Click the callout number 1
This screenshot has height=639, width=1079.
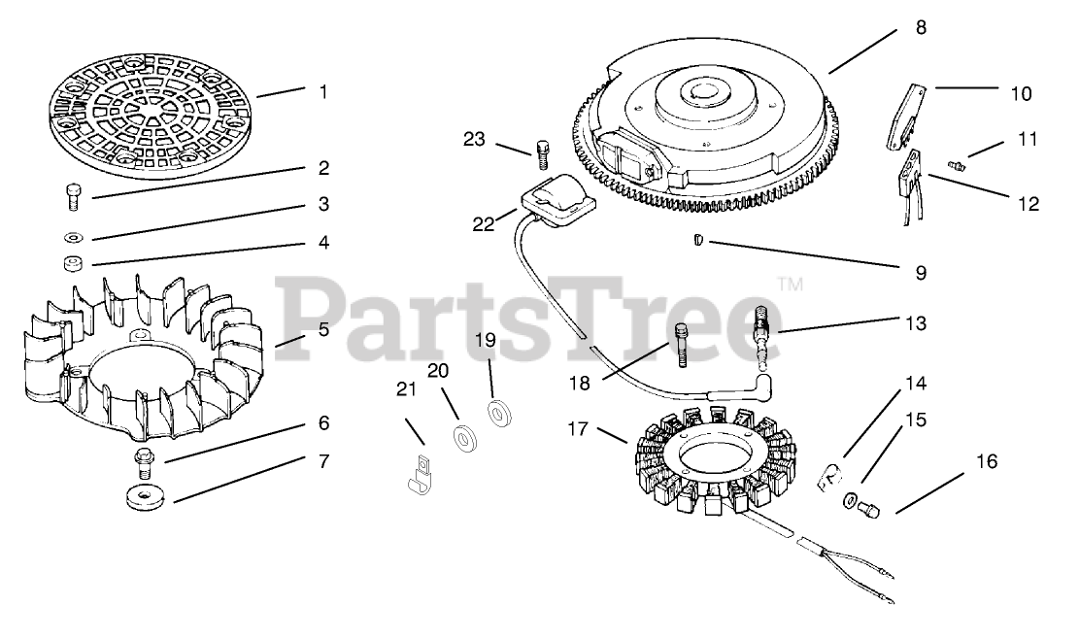322,92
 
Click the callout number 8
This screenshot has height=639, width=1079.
921,28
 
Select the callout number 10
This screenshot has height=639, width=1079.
1021,94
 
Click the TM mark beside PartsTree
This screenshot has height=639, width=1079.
789,286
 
